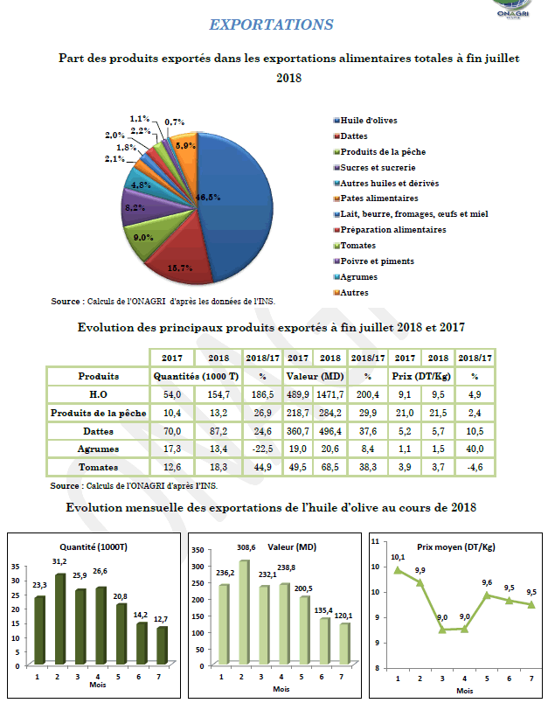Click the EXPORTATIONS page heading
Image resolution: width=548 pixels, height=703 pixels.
pyautogui.click(x=272, y=24)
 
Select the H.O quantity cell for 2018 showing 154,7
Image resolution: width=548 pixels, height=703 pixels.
pyautogui.click(x=219, y=395)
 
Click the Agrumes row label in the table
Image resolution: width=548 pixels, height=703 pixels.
pyautogui.click(x=98, y=449)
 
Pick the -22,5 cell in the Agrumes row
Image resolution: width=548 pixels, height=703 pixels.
pyautogui.click(x=261, y=449)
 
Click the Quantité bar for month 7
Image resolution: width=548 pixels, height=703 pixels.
pyautogui.click(x=161, y=647)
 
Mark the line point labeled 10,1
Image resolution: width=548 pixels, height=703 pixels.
pyautogui.click(x=399, y=570)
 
